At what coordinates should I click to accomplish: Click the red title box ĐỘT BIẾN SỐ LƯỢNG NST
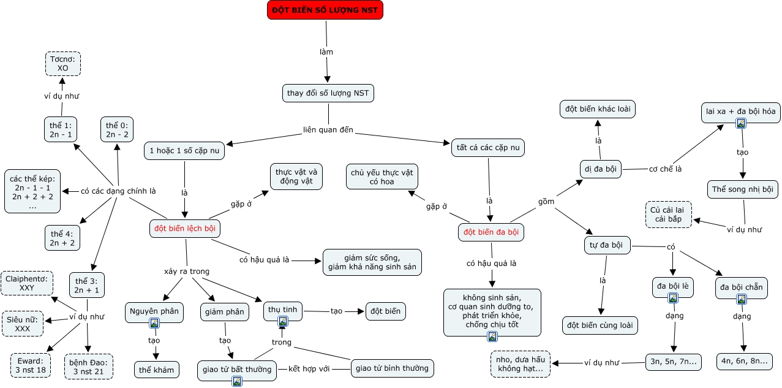pos(325,10)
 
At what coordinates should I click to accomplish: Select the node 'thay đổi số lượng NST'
pos(328,93)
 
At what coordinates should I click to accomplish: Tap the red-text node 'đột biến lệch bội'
pos(185,229)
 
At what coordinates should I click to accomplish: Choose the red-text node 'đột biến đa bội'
pos(491,232)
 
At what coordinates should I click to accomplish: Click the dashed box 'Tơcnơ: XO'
pos(63,64)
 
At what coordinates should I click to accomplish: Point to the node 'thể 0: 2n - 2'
pos(117,129)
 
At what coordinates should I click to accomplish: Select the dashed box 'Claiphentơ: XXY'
pos(27,283)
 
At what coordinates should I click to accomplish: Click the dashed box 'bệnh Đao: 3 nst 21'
pos(89,367)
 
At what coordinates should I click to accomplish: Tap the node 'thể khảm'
pos(156,370)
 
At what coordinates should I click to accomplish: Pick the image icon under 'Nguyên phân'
pos(154,323)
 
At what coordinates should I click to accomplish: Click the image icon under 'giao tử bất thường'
pos(237,381)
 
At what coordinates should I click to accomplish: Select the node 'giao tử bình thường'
pos(392,368)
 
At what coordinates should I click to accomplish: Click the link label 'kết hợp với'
pos(309,369)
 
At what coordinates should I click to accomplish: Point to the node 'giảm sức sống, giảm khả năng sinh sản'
pos(372,262)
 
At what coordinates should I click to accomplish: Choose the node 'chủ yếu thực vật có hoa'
pos(382,177)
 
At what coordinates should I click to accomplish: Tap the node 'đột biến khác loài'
pos(598,109)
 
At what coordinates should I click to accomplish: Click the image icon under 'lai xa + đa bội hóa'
pos(741,123)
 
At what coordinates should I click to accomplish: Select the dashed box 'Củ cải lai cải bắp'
pos(669,215)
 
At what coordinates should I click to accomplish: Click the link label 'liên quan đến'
pos(328,130)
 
